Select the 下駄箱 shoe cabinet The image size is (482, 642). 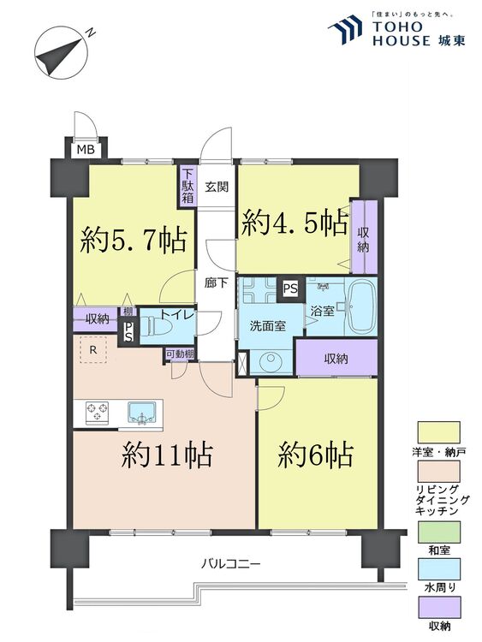187,185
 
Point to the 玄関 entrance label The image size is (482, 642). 216,187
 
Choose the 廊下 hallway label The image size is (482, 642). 216,283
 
